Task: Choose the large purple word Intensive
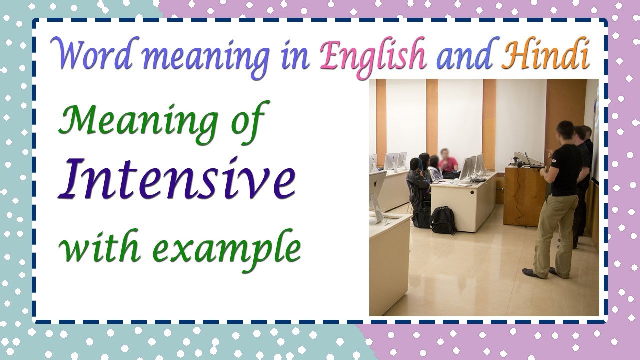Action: (x=176, y=179)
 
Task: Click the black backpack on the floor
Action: (x=443, y=220)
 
